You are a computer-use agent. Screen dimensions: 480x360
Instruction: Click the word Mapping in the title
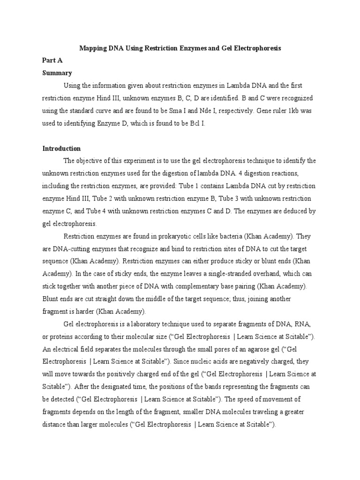tap(93, 48)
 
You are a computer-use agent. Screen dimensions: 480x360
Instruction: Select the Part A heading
tap(52, 60)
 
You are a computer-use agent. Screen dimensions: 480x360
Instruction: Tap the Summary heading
tap(57, 73)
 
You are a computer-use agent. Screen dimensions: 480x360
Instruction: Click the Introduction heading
tap(61, 149)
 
